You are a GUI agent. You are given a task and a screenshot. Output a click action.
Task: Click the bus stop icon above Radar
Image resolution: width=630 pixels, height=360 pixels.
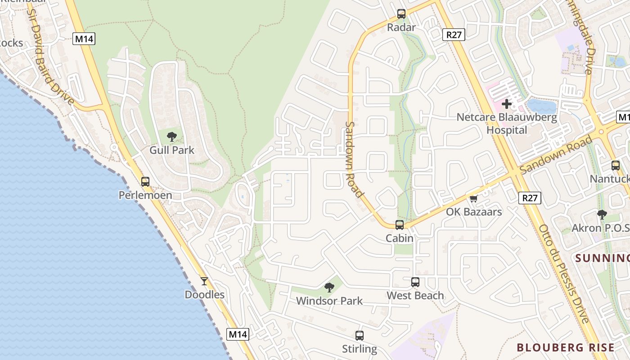(x=401, y=14)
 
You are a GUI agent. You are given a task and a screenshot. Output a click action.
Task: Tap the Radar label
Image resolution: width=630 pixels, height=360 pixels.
(x=401, y=27)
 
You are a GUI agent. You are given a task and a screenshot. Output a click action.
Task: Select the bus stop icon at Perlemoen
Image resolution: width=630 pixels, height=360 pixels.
(x=145, y=182)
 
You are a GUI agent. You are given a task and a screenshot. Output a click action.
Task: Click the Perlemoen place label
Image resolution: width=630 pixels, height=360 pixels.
(x=145, y=195)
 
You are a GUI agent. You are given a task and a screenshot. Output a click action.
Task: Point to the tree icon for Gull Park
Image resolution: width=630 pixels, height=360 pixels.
(x=171, y=137)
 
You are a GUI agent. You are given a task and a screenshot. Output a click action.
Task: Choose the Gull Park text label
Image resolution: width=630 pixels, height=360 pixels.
(x=171, y=150)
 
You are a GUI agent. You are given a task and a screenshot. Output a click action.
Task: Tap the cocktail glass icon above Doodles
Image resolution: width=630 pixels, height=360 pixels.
(x=204, y=281)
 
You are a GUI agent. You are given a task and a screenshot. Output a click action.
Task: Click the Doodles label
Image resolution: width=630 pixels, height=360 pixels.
(x=204, y=295)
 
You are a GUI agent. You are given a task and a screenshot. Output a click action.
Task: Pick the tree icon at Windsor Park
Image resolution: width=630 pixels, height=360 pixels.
(x=329, y=287)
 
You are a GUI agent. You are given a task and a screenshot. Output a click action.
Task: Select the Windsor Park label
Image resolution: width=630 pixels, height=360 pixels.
(x=329, y=301)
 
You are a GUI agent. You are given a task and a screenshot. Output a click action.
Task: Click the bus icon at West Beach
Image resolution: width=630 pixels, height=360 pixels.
(x=415, y=282)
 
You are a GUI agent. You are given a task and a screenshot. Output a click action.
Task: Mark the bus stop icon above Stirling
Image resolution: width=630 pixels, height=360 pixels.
(x=359, y=335)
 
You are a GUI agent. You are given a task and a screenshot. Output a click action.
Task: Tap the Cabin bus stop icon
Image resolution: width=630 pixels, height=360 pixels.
(x=399, y=225)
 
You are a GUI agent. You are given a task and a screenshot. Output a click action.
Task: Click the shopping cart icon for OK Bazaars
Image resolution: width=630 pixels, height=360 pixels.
(x=473, y=198)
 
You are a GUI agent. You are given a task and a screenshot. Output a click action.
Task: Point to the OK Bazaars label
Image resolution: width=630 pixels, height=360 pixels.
(x=473, y=211)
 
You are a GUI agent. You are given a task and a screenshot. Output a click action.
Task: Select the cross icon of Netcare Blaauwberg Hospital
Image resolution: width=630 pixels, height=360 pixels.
(x=507, y=104)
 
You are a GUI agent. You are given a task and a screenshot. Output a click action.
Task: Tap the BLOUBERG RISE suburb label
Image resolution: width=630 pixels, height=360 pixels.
(x=565, y=347)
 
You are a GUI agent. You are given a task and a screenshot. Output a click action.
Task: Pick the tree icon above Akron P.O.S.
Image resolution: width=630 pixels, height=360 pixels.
(x=602, y=215)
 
